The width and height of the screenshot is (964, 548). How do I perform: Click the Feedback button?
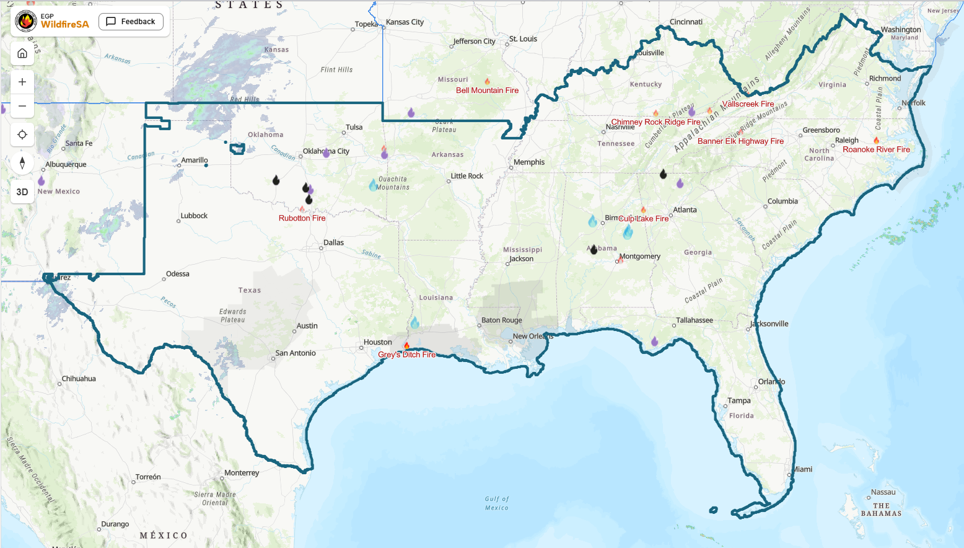click(x=131, y=22)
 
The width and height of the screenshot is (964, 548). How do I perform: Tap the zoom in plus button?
click(x=22, y=82)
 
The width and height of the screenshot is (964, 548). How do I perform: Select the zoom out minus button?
click(x=22, y=106)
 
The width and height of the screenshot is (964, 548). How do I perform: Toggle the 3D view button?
click(x=22, y=192)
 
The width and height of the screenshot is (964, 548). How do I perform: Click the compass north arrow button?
click(x=22, y=163)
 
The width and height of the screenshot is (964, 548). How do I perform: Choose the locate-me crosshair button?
click(x=22, y=135)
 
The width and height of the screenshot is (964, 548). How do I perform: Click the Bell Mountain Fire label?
click(x=487, y=91)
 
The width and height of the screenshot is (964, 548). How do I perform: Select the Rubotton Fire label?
click(x=302, y=218)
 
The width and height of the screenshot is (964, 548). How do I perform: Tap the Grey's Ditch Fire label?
click(x=406, y=355)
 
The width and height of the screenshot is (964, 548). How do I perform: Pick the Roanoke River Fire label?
click(x=876, y=149)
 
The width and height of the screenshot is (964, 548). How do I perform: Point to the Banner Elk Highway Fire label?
click(x=740, y=141)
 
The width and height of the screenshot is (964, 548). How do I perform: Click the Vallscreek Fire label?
click(x=748, y=104)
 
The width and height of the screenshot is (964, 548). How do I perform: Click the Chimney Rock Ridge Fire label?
click(x=655, y=122)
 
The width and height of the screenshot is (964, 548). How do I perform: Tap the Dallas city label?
click(x=333, y=242)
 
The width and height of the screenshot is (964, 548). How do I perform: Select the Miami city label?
click(x=803, y=469)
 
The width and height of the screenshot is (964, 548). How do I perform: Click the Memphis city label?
click(x=529, y=162)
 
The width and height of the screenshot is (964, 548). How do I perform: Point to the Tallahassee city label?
click(x=695, y=320)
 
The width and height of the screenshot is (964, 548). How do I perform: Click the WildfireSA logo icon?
click(x=26, y=21)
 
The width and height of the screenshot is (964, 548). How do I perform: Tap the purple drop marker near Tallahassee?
click(x=654, y=341)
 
